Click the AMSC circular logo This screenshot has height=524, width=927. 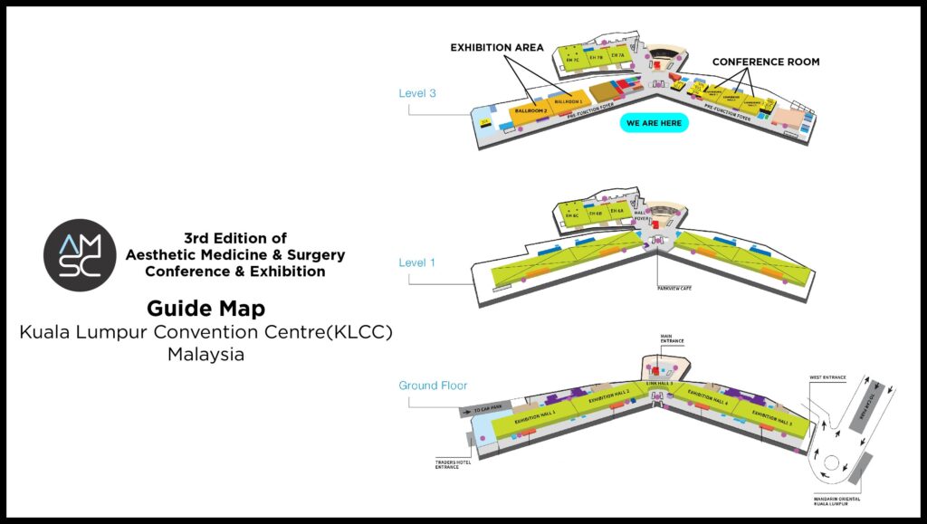click(80, 255)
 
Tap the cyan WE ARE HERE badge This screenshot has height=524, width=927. click(654, 123)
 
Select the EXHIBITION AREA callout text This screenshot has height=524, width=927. click(497, 47)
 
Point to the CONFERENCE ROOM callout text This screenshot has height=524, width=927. click(765, 62)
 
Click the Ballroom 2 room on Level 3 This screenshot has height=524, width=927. click(532, 110)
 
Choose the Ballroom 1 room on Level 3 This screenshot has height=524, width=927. click(569, 100)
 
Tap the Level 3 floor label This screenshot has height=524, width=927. click(417, 92)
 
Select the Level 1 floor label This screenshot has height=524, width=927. click(417, 262)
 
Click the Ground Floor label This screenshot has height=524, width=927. click(433, 386)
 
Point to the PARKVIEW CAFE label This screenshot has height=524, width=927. click(674, 288)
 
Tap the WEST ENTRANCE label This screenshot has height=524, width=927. click(829, 376)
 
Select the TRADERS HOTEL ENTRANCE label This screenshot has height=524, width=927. click(450, 464)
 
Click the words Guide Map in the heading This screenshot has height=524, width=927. click(205, 310)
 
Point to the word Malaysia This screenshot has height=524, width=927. click(205, 355)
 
